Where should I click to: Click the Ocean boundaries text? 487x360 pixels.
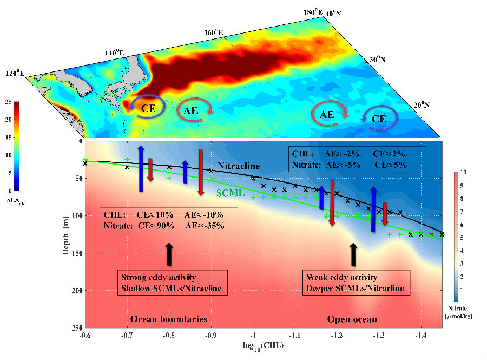(x=168, y=318)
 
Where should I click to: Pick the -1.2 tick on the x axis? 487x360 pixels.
(x=337, y=337)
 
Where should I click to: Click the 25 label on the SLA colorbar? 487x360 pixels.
(x=9, y=102)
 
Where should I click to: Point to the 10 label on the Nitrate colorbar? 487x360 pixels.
(x=464, y=173)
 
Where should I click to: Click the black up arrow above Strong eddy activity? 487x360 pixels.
(x=169, y=253)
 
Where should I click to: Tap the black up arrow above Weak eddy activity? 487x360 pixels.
(x=354, y=253)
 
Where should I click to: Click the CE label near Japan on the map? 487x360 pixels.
(x=149, y=108)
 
